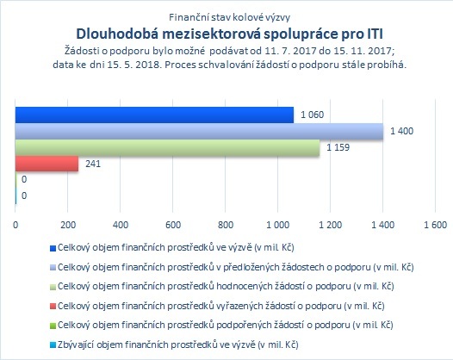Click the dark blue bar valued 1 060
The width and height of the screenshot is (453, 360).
tap(154, 115)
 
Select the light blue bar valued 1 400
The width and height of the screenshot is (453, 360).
tap(199, 131)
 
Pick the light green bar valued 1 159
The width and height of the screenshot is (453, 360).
tap(168, 147)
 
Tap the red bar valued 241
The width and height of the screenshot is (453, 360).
tap(47, 164)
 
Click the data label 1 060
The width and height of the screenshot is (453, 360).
tap(313, 115)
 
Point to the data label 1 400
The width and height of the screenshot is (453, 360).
tap(402, 131)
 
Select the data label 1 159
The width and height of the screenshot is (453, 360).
tap(338, 147)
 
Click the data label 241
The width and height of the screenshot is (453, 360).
tap(93, 164)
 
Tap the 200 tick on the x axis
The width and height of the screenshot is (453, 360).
tap(68, 225)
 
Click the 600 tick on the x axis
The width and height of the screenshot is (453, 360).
tap(173, 225)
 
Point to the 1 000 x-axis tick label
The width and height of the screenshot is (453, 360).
tap(278, 225)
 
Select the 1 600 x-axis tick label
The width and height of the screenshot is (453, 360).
tap(436, 225)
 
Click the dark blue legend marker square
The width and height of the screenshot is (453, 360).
tap(53, 249)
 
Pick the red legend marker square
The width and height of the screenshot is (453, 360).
tap(53, 307)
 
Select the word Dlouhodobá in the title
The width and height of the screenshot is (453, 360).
tap(118, 34)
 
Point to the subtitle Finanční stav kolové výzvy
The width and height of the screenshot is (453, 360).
tap(230, 17)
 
